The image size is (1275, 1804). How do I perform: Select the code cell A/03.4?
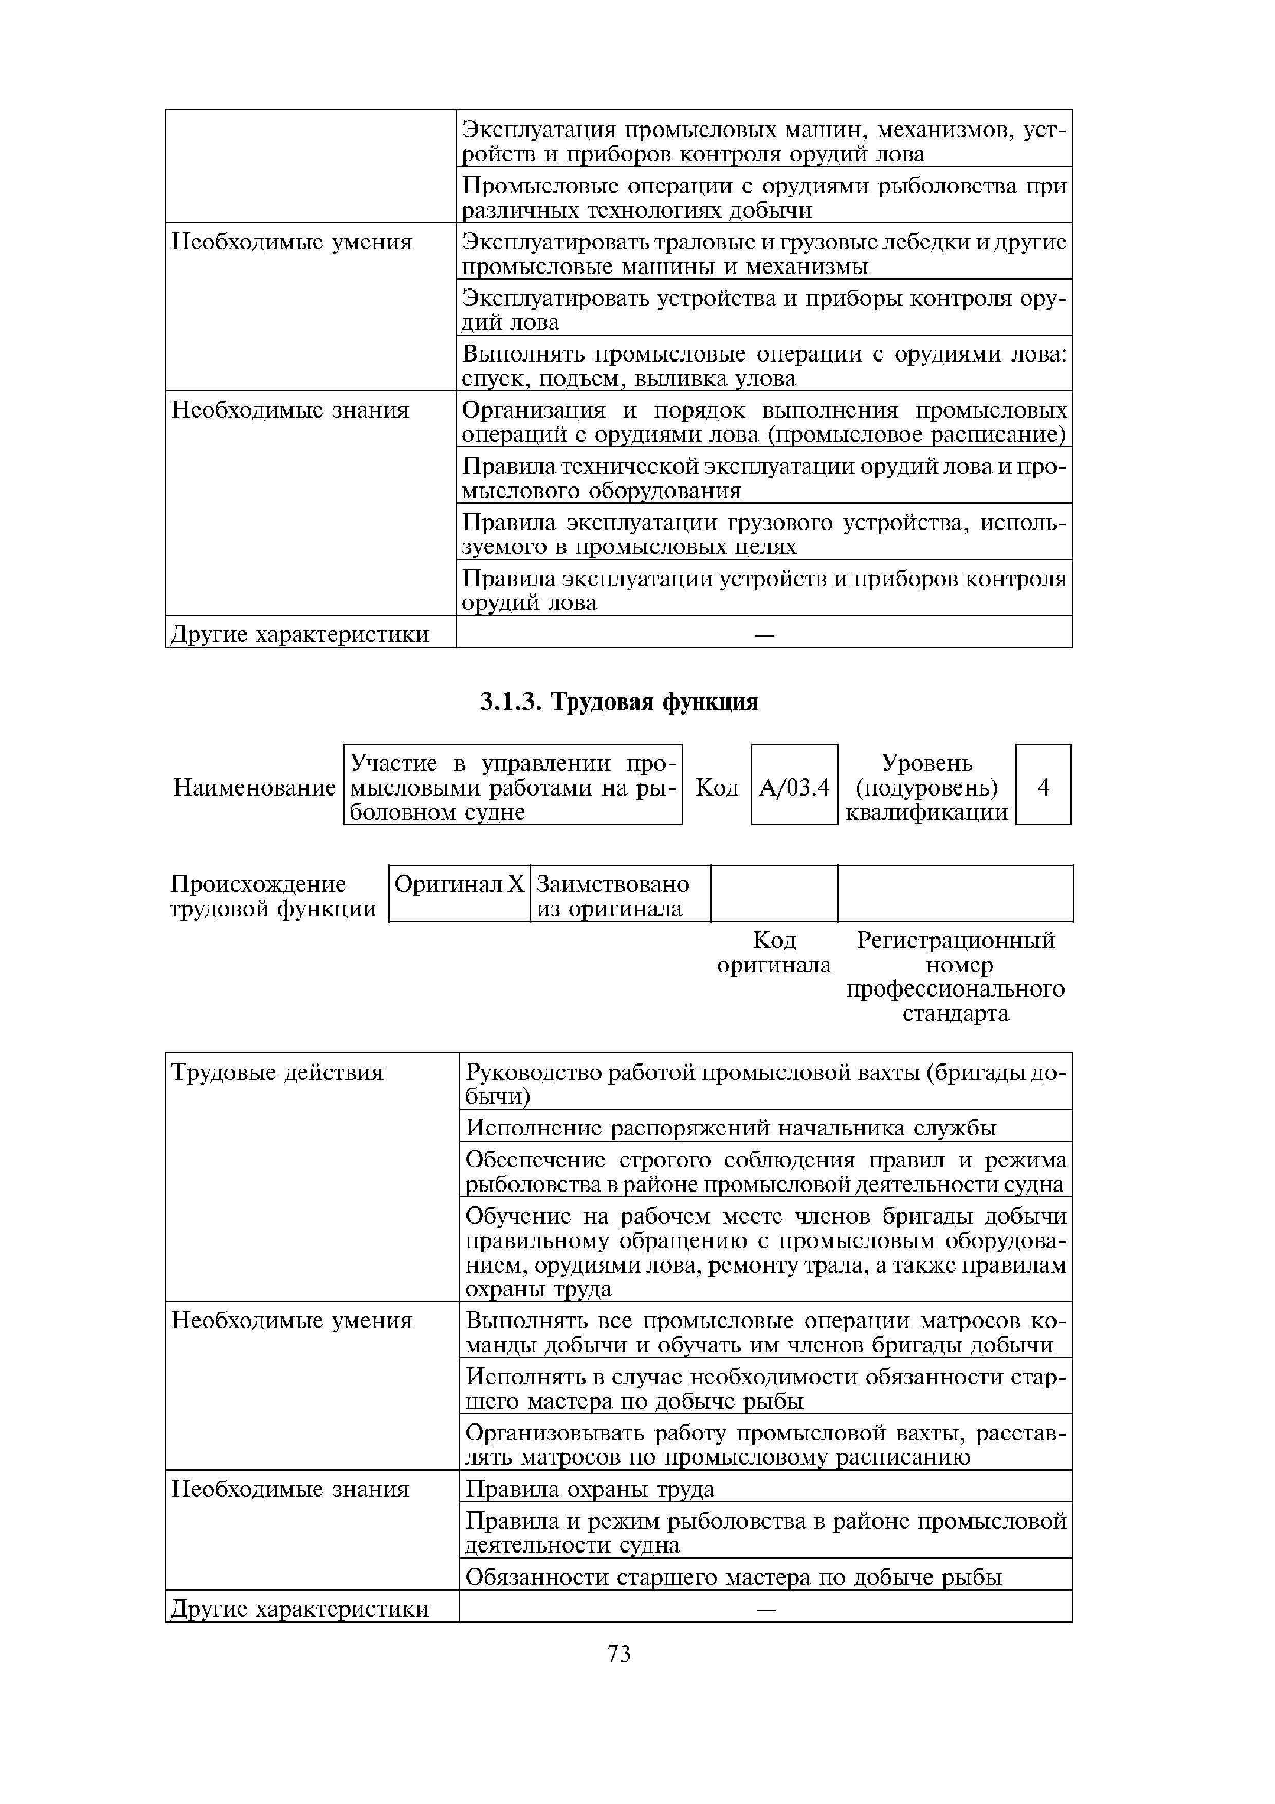794,786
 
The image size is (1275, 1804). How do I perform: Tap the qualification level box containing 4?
1043,786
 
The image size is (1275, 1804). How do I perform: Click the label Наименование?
254,787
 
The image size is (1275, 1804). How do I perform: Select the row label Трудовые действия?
277,1073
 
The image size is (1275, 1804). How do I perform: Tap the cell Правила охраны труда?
590,1489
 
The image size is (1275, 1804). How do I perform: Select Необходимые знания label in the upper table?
290,410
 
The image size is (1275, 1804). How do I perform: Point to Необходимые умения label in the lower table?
292,1321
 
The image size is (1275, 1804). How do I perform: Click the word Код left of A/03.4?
717,787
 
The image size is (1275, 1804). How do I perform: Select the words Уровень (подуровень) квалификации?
927,787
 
